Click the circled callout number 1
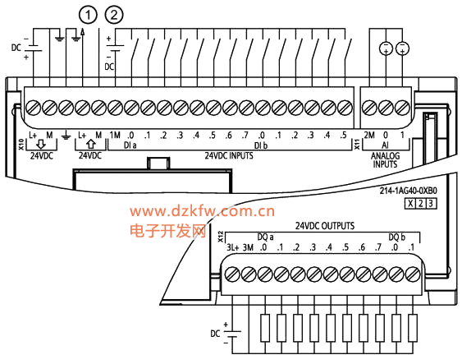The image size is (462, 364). (88, 15)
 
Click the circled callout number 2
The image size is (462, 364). (114, 15)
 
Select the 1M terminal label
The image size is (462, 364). (115, 135)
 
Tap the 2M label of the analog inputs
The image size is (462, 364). (369, 135)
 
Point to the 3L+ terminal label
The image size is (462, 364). (233, 247)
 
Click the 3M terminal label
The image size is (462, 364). (248, 247)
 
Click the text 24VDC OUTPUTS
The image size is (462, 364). (325, 226)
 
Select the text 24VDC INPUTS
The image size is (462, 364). (229, 155)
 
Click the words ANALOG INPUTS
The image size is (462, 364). (385, 160)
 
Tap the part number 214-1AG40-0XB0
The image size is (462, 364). (408, 191)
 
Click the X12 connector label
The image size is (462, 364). (221, 237)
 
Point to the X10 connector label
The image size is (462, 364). (21, 145)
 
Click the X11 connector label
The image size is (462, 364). (357, 145)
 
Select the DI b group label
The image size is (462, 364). (261, 145)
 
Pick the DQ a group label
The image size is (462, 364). (265, 237)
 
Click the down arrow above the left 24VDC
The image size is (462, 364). (41, 145)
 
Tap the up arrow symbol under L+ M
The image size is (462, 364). (91, 144)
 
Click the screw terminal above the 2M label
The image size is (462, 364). (369, 108)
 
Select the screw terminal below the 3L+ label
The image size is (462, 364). (232, 274)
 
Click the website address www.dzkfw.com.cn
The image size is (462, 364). (202, 211)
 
